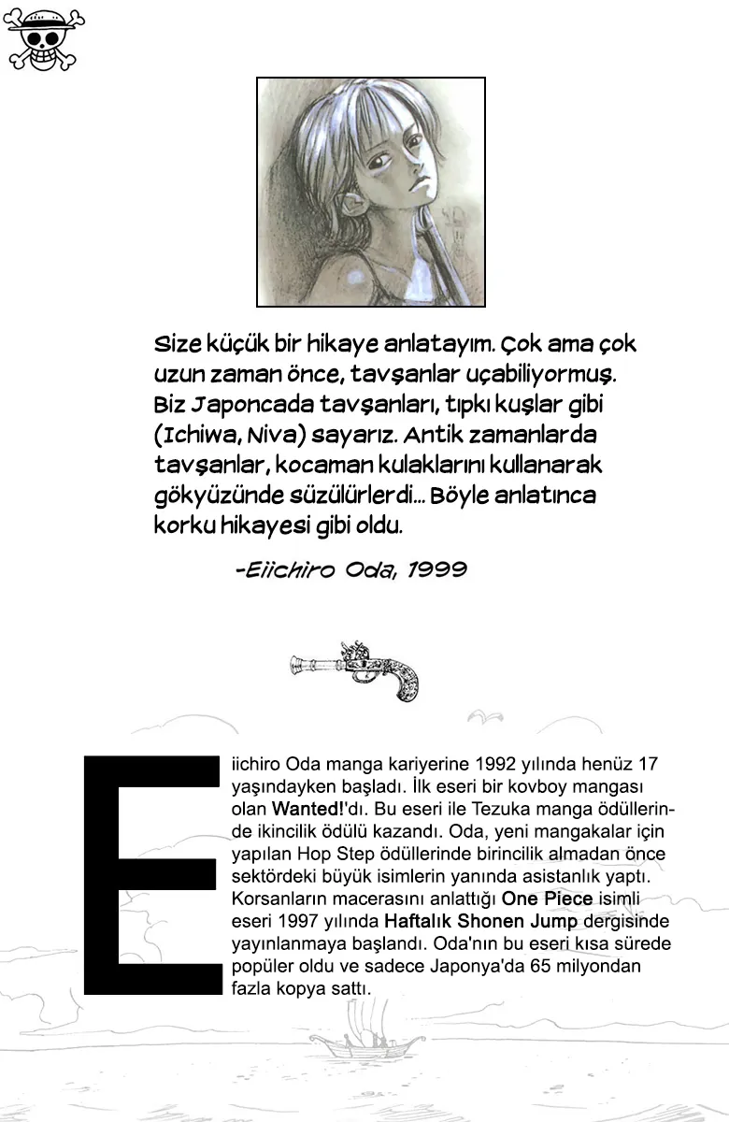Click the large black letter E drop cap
point(150,874)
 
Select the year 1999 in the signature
point(436,569)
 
